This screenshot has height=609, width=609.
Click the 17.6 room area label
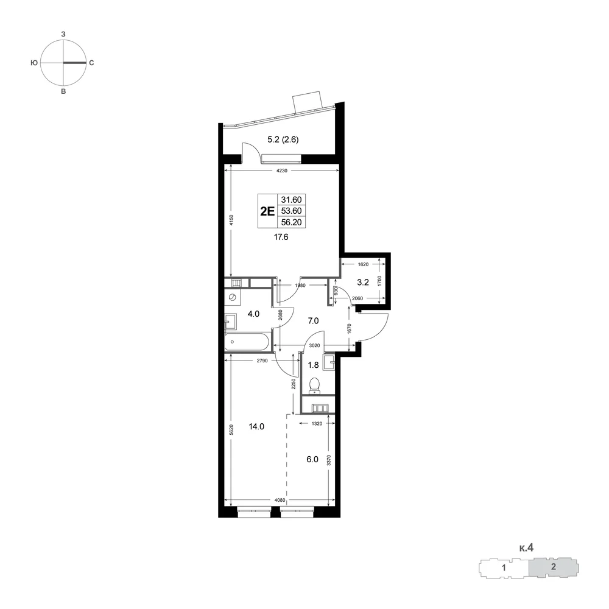(x=281, y=237)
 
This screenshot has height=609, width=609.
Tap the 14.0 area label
(x=256, y=426)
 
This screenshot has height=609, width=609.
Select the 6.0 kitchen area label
(x=312, y=459)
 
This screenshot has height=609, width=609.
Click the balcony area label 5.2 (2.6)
(x=283, y=139)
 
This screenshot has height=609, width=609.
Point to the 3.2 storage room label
(x=363, y=283)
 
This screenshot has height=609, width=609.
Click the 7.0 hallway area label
(x=313, y=321)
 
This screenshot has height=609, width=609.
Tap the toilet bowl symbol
(x=314, y=385)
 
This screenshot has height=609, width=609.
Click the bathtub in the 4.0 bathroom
(x=247, y=342)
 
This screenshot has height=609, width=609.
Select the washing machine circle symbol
(x=233, y=297)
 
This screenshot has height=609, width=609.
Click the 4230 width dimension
(x=281, y=171)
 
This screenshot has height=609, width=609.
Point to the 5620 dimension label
(x=231, y=429)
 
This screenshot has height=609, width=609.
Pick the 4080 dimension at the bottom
(x=280, y=500)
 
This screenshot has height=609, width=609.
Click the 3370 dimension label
(x=329, y=460)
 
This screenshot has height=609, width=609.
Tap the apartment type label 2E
(x=267, y=211)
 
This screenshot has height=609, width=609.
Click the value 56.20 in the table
(x=291, y=222)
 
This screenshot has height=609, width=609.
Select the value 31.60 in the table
(x=291, y=200)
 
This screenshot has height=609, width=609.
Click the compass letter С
(x=92, y=63)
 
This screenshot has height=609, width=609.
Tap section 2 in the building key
(x=554, y=566)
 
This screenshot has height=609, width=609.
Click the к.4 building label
(x=526, y=548)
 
